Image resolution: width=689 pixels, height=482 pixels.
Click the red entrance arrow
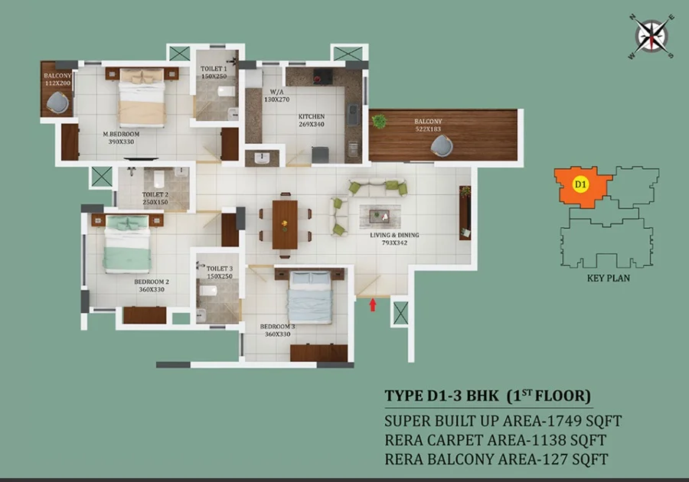pyautogui.click(x=373, y=305)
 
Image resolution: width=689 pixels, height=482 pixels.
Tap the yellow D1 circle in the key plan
pyautogui.click(x=580, y=184)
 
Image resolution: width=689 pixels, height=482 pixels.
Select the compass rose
pyautogui.click(x=651, y=36)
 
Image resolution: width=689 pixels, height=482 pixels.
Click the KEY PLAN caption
pyautogui.click(x=609, y=278)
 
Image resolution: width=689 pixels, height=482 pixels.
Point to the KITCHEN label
pyautogui.click(x=312, y=116)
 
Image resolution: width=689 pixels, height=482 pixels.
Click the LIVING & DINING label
pyautogui.click(x=394, y=235)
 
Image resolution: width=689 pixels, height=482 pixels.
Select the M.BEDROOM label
pyautogui.click(x=121, y=134)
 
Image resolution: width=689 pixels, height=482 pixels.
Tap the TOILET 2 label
pyautogui.click(x=155, y=194)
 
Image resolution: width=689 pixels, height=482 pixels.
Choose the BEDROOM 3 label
pyautogui.click(x=278, y=327)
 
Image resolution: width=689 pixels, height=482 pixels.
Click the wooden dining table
pyautogui.click(x=285, y=224)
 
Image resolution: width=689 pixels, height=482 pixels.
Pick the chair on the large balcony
pyautogui.click(x=442, y=145)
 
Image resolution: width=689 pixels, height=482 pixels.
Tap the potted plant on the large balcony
pyautogui.click(x=378, y=121)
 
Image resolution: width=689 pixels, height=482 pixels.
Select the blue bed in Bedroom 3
pyautogui.click(x=310, y=297)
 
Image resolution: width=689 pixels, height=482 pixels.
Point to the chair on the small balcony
pyautogui.click(x=57, y=103)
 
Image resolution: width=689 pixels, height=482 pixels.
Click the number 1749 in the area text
pyautogui.click(x=563, y=421)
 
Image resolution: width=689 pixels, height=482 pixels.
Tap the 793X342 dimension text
pyautogui.click(x=394, y=243)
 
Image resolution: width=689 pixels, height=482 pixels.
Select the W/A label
pyautogui.click(x=277, y=92)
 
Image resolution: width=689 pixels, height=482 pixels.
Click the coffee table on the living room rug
pyautogui.click(x=379, y=216)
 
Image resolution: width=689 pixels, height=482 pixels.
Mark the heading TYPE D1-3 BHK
pyautogui.click(x=442, y=396)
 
